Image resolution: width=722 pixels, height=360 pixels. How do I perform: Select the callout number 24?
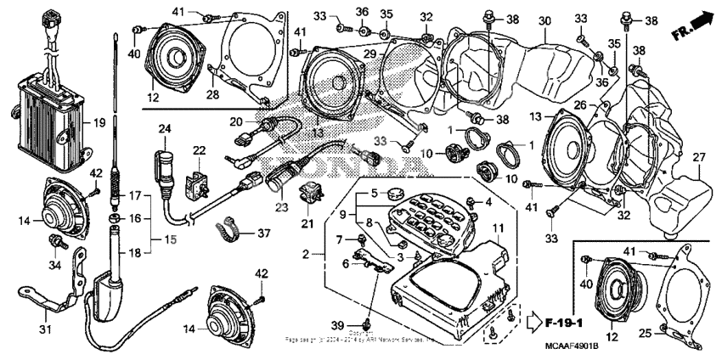(x=164, y=128)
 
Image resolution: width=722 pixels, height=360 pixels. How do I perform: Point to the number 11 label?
(x=498, y=228)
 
